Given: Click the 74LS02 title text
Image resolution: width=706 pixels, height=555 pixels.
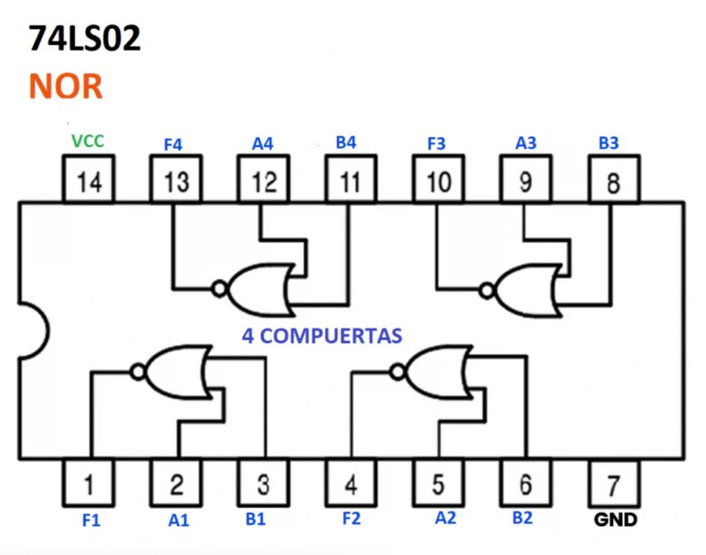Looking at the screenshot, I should click(x=85, y=38).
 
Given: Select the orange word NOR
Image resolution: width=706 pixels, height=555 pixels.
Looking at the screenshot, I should click(x=66, y=86).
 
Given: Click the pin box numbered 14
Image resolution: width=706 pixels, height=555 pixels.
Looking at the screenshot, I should click(x=89, y=182).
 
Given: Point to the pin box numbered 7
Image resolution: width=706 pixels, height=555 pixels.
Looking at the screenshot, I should click(x=614, y=482).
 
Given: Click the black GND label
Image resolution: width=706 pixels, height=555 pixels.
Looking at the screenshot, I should click(x=615, y=520).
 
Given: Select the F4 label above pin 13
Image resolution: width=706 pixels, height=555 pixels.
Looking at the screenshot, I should click(x=173, y=145).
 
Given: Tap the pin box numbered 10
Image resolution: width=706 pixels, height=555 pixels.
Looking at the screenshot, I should click(x=438, y=182).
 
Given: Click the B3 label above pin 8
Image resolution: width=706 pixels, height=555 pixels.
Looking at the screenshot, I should click(x=608, y=144).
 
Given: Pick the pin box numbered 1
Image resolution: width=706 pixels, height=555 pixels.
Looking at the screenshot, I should click(x=89, y=482).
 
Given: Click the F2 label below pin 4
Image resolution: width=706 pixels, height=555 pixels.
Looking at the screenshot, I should click(x=351, y=519).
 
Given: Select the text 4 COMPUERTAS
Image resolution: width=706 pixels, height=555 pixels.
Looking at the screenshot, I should click(x=321, y=335).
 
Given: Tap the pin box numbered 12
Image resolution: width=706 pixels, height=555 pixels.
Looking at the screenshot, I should click(x=263, y=182).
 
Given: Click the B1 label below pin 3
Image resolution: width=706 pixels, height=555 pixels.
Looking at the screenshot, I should click(x=255, y=519).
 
